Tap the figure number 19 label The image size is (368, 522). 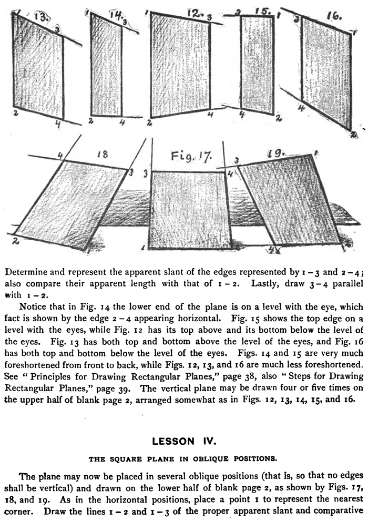point(275,153)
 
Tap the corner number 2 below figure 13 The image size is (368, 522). point(16,112)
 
